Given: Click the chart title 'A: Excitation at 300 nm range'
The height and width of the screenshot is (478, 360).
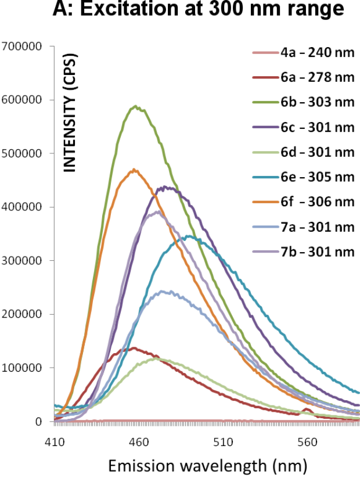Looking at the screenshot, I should pyautogui.click(x=190, y=10).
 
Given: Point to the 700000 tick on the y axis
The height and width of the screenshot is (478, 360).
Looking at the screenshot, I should pyautogui.click(x=22, y=46).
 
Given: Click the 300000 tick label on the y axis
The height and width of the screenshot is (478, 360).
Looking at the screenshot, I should pyautogui.click(x=22, y=261).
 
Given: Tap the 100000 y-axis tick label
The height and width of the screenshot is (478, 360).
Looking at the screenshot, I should pyautogui.click(x=22, y=368).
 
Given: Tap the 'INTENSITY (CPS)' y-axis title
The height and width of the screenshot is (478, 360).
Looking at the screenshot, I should pyautogui.click(x=70, y=113).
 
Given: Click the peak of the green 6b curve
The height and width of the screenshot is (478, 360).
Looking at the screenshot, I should pyautogui.click(x=135, y=106).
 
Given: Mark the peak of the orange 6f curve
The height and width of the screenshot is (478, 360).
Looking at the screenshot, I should pyautogui.click(x=134, y=170).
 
